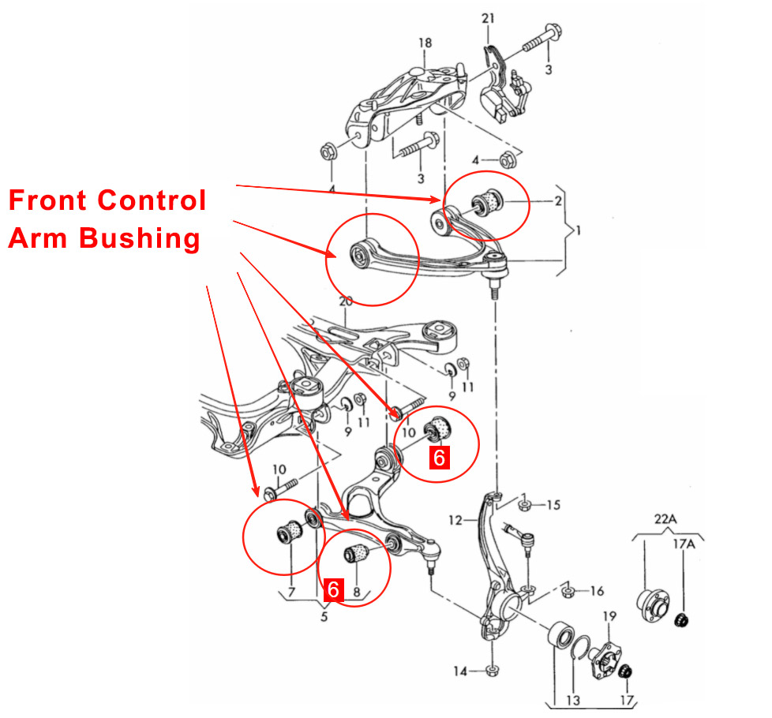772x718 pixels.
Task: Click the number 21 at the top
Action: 487,17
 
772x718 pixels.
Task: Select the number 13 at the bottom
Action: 572,701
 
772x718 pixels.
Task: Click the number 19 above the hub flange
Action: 609,616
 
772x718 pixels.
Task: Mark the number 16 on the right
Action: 597,590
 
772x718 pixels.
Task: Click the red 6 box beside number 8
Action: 333,589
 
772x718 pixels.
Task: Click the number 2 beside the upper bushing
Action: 558,201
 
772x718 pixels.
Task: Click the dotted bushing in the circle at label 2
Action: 494,200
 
